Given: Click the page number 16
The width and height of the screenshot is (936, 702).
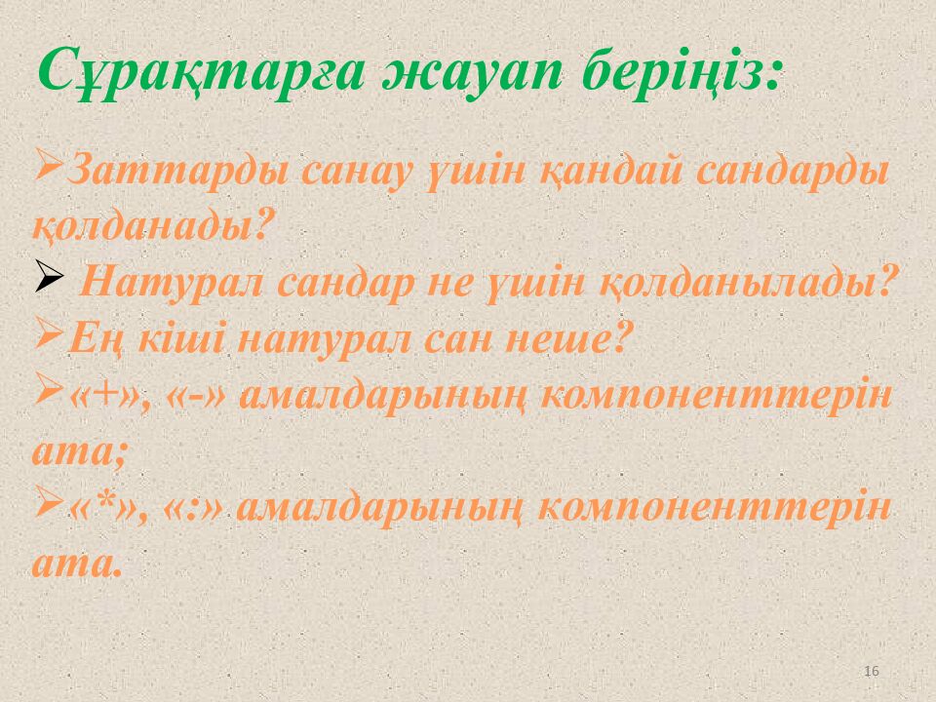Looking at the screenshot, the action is (872, 671).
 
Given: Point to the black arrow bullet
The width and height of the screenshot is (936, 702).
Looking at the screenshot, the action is (49, 276).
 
